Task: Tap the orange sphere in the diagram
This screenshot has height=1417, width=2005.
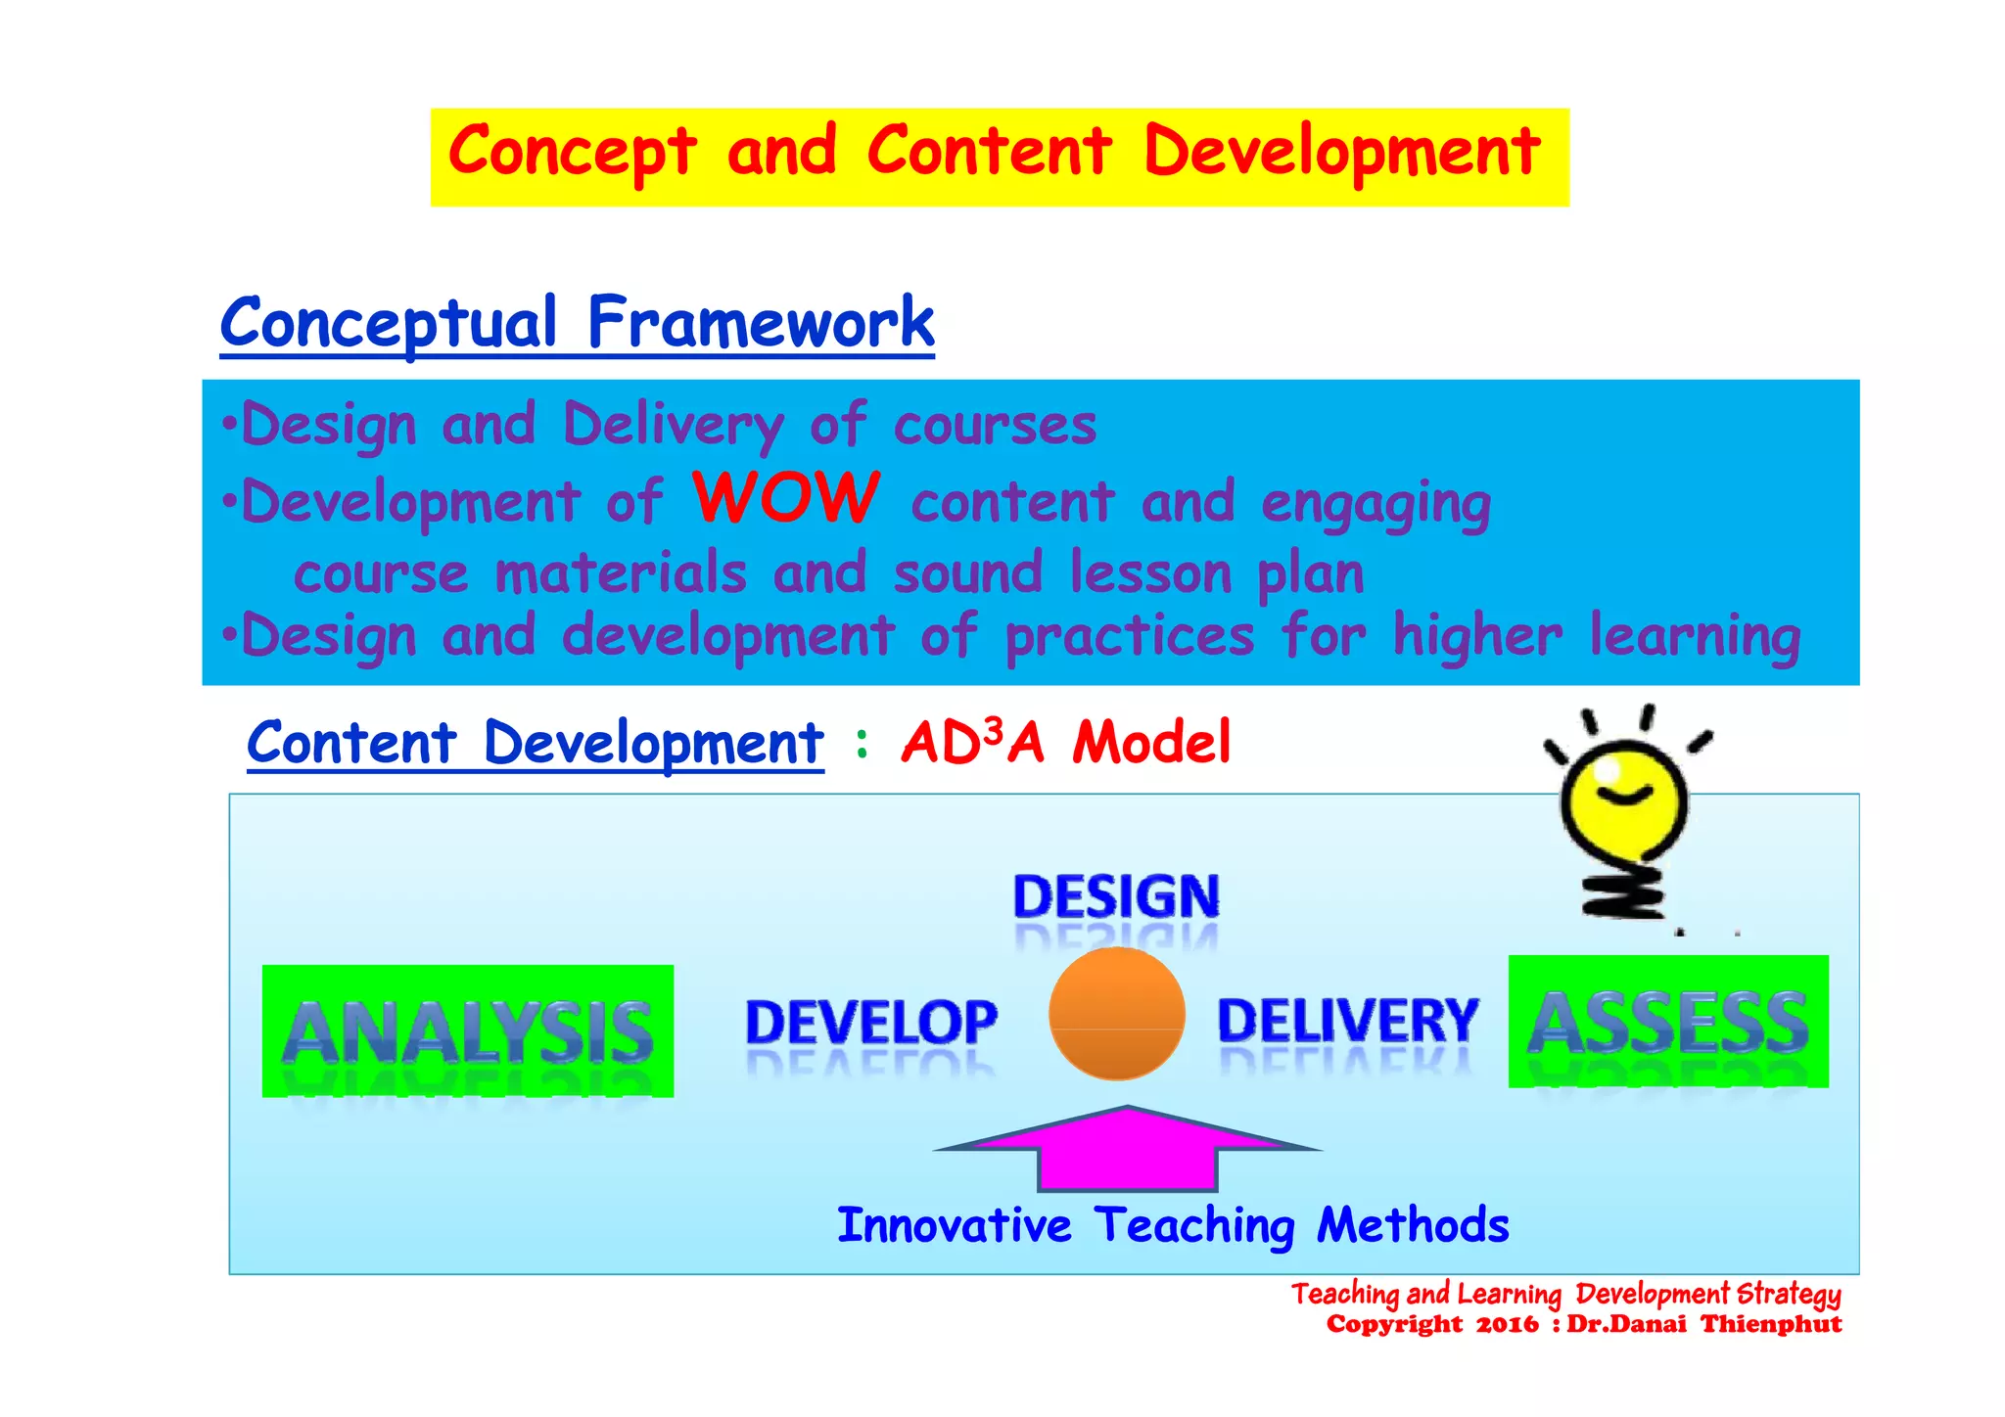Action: point(1116,1014)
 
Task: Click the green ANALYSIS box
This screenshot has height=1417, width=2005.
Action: point(468,1031)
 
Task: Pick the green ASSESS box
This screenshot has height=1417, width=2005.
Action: point(1668,1022)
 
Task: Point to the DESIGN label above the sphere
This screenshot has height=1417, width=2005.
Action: point(1116,896)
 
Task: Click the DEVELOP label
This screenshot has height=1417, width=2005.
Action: point(871,1022)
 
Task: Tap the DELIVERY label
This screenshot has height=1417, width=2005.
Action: point(1347,1020)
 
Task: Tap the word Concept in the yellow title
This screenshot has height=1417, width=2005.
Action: point(573,153)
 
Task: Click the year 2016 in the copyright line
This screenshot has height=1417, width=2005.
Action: point(1507,1325)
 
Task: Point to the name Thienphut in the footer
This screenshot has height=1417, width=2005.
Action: point(1771,1325)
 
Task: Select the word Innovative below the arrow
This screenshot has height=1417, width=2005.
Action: point(955,1225)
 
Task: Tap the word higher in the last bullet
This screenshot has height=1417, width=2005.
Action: point(1477,637)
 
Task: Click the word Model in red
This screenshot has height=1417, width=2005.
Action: point(1151,742)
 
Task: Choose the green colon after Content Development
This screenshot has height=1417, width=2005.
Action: point(862,744)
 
